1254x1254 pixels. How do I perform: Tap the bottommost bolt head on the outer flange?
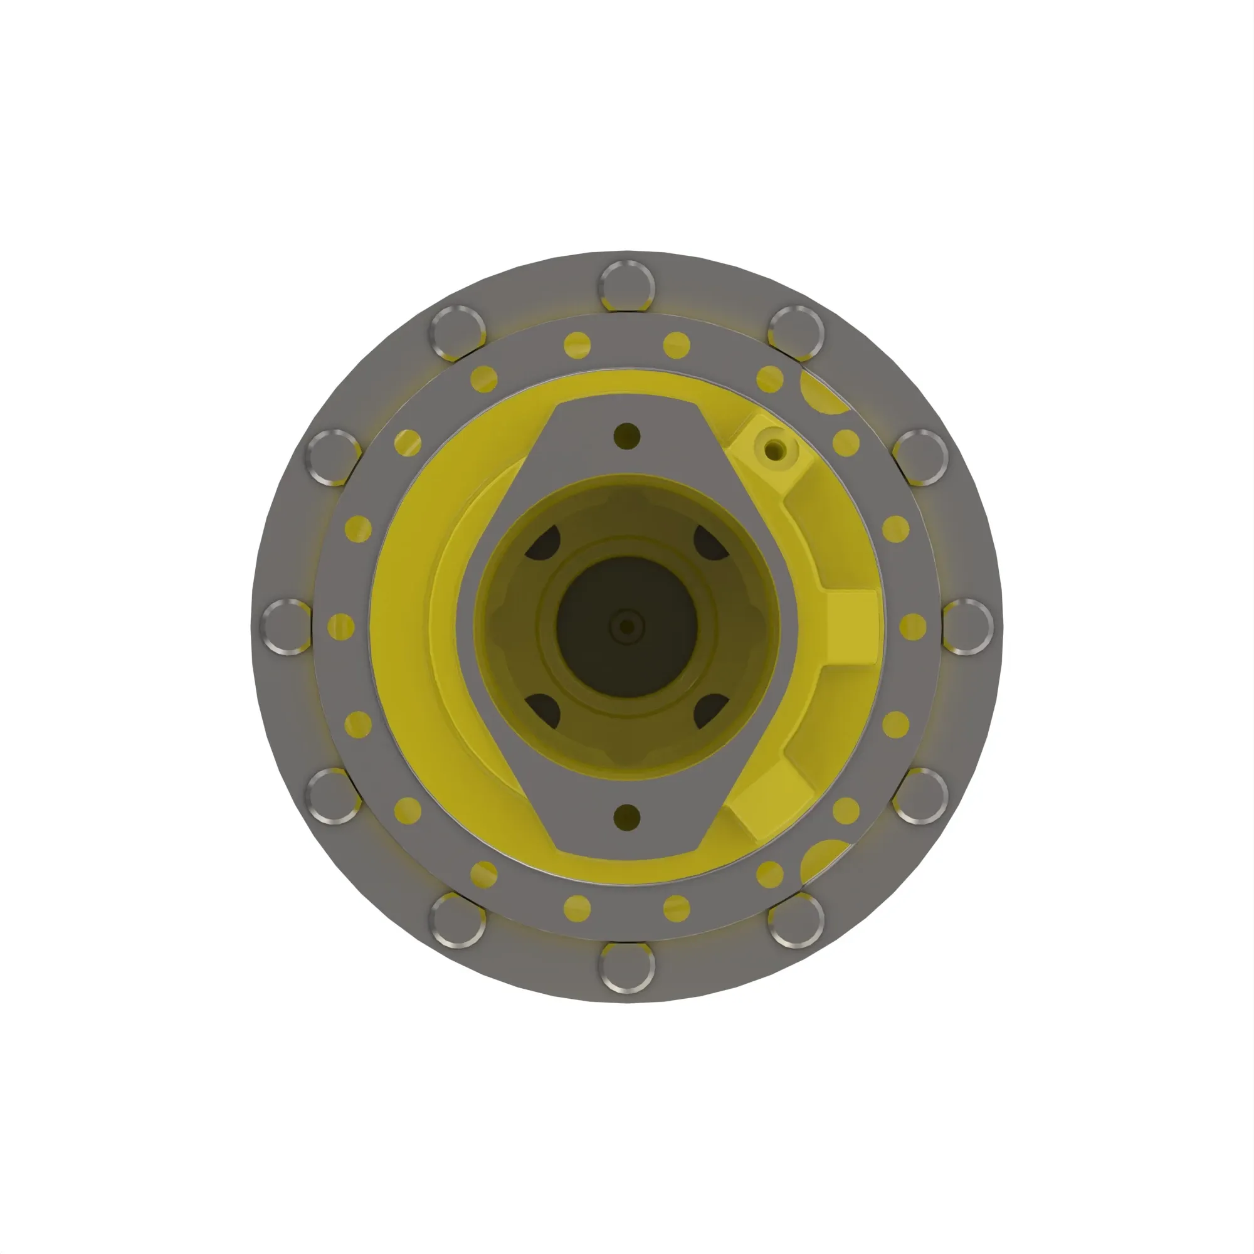click(x=626, y=966)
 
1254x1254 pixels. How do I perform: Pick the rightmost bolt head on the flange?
click(x=967, y=627)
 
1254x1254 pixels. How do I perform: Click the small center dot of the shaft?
click(x=627, y=627)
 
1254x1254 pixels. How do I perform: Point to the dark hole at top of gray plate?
click(x=626, y=436)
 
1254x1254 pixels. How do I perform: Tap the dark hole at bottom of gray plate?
click(x=626, y=817)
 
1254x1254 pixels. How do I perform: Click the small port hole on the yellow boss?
click(x=774, y=448)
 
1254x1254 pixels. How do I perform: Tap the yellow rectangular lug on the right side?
click(x=851, y=627)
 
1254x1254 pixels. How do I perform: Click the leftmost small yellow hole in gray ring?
click(x=340, y=627)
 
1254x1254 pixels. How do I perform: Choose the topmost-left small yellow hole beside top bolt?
click(x=577, y=345)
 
